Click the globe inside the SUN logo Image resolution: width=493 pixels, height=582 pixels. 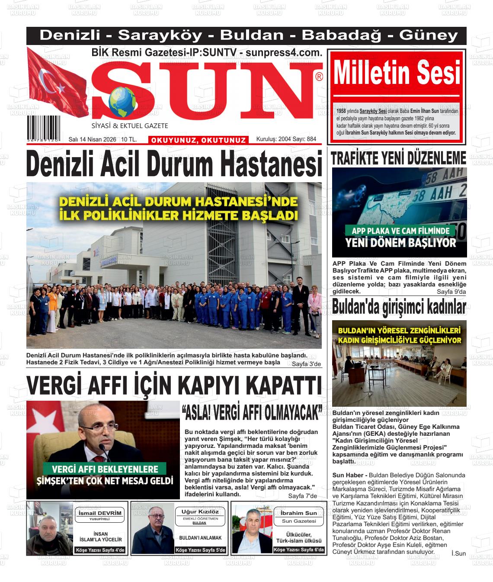point(122,103)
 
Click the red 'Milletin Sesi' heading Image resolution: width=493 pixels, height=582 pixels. point(397,74)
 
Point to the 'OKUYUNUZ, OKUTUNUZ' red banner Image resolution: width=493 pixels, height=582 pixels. point(198,140)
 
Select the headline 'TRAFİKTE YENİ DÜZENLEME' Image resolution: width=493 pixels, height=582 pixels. point(398,159)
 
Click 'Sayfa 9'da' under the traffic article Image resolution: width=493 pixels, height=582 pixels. point(451,292)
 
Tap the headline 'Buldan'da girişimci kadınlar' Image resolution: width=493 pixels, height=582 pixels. point(399,308)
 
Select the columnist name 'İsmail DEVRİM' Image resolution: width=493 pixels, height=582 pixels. point(99,513)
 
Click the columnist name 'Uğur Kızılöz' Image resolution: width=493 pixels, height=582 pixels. point(200,512)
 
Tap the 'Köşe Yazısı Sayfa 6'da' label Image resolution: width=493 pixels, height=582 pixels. point(299,550)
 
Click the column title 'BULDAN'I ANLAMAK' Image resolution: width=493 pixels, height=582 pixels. point(200,538)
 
